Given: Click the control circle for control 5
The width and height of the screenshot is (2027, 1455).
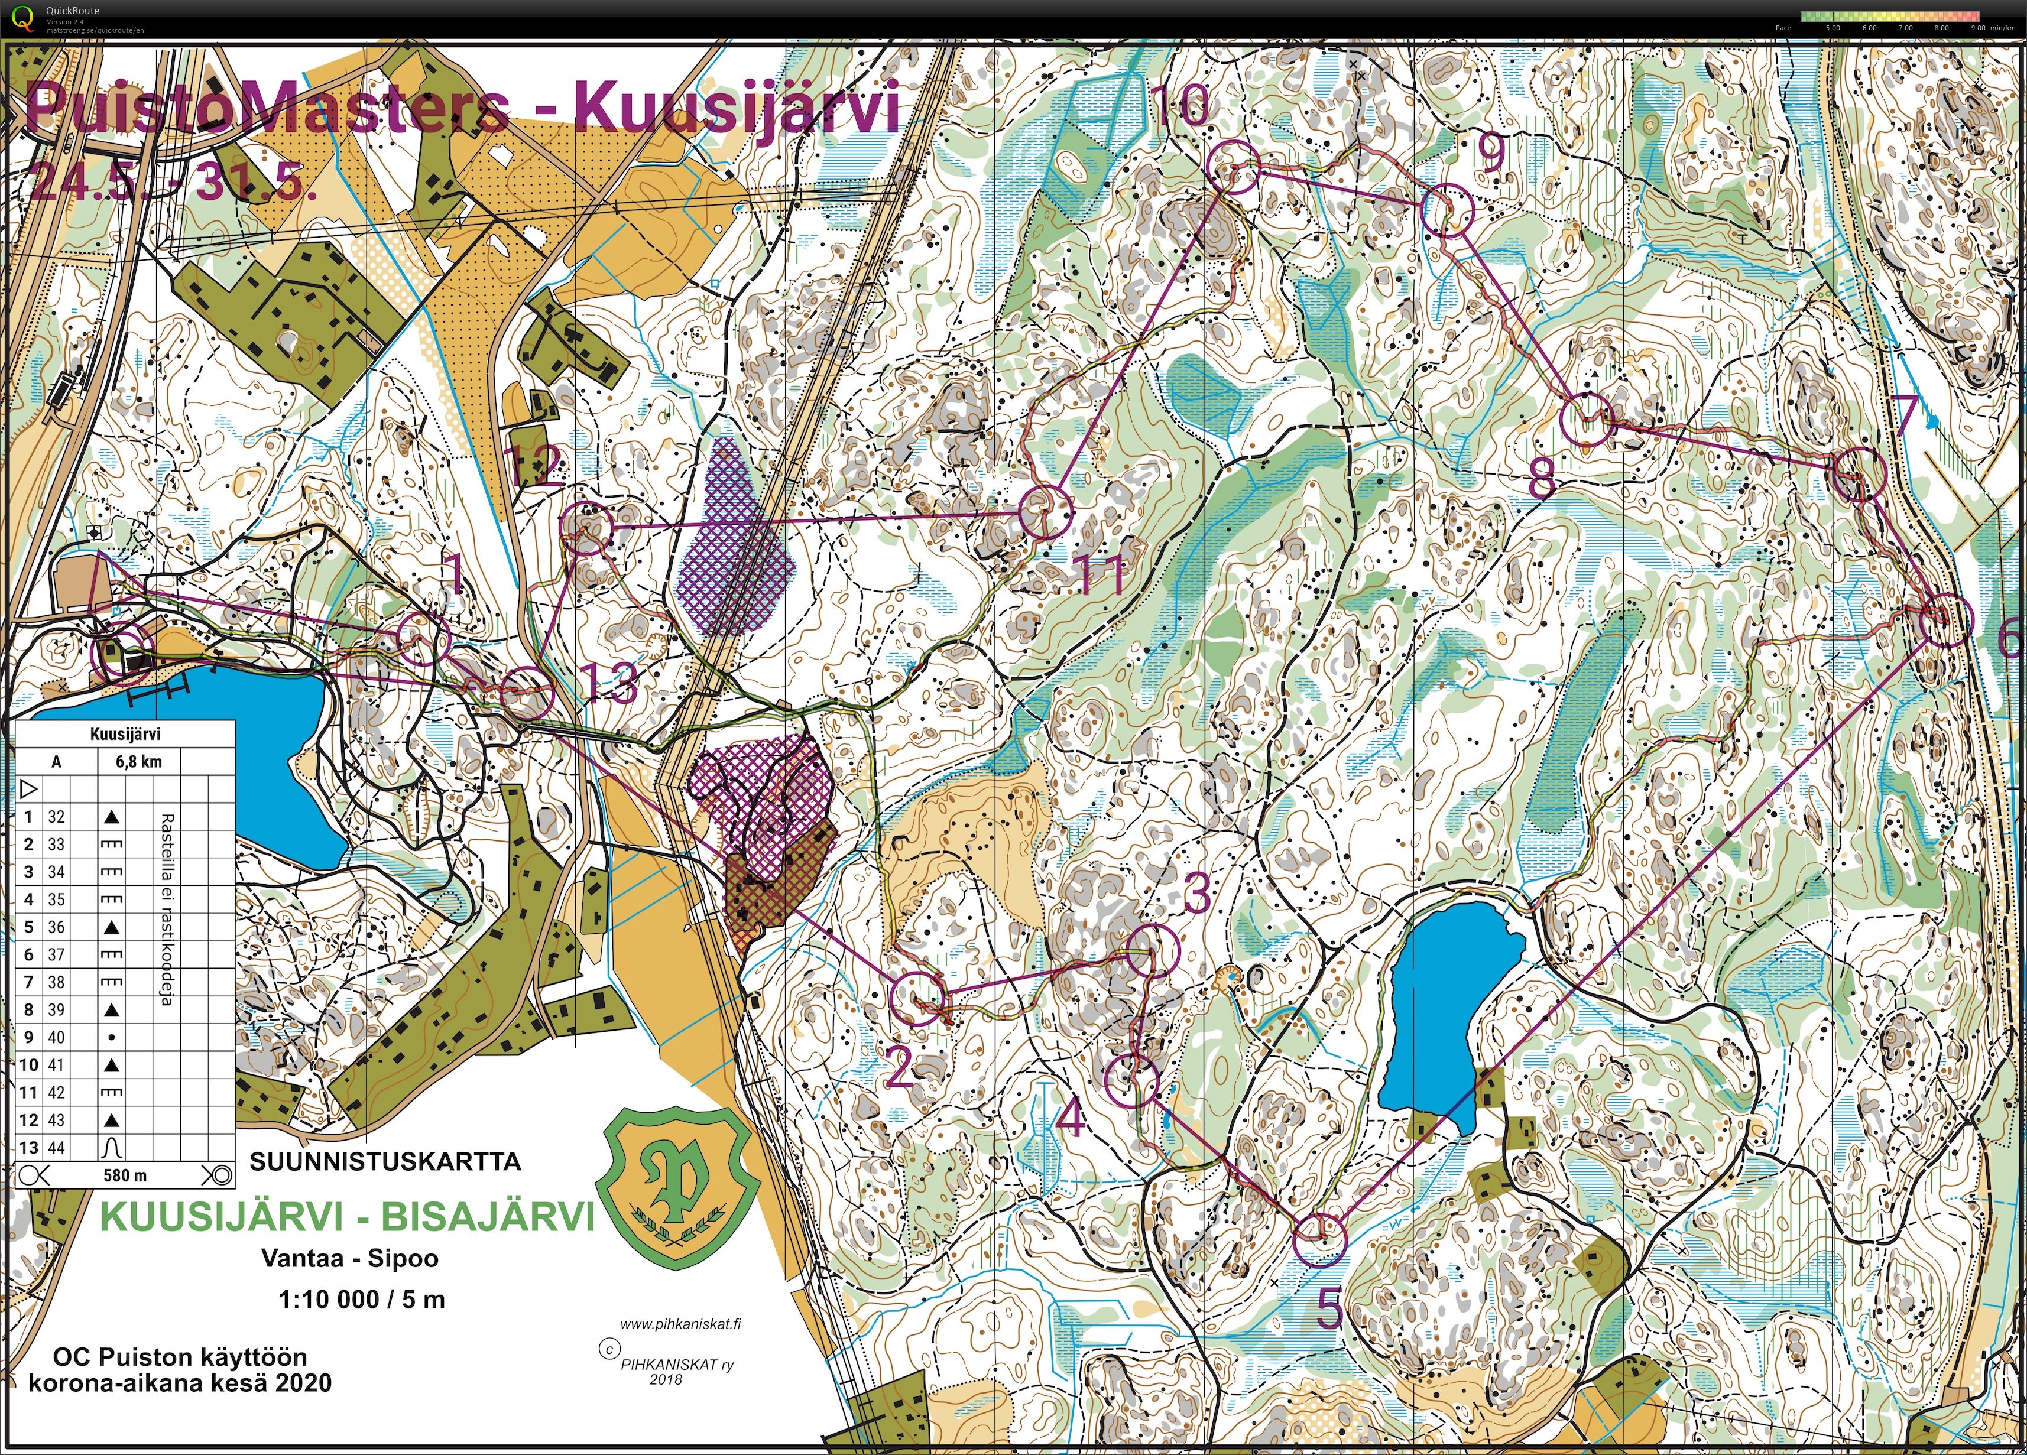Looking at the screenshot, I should (1320, 1240).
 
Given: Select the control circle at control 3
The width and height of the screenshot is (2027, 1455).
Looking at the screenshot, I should (1153, 951).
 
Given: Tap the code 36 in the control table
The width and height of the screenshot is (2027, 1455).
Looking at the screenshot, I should (56, 927).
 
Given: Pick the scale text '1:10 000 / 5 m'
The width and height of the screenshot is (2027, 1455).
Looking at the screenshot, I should (361, 1298).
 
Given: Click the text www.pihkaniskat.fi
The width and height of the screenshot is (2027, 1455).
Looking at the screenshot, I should (680, 1324).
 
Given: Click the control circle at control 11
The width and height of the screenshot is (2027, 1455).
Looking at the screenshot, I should (1045, 512).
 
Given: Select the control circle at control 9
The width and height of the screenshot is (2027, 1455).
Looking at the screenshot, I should (1446, 211).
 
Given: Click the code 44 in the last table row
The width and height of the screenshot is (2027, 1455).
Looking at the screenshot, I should (56, 1148).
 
